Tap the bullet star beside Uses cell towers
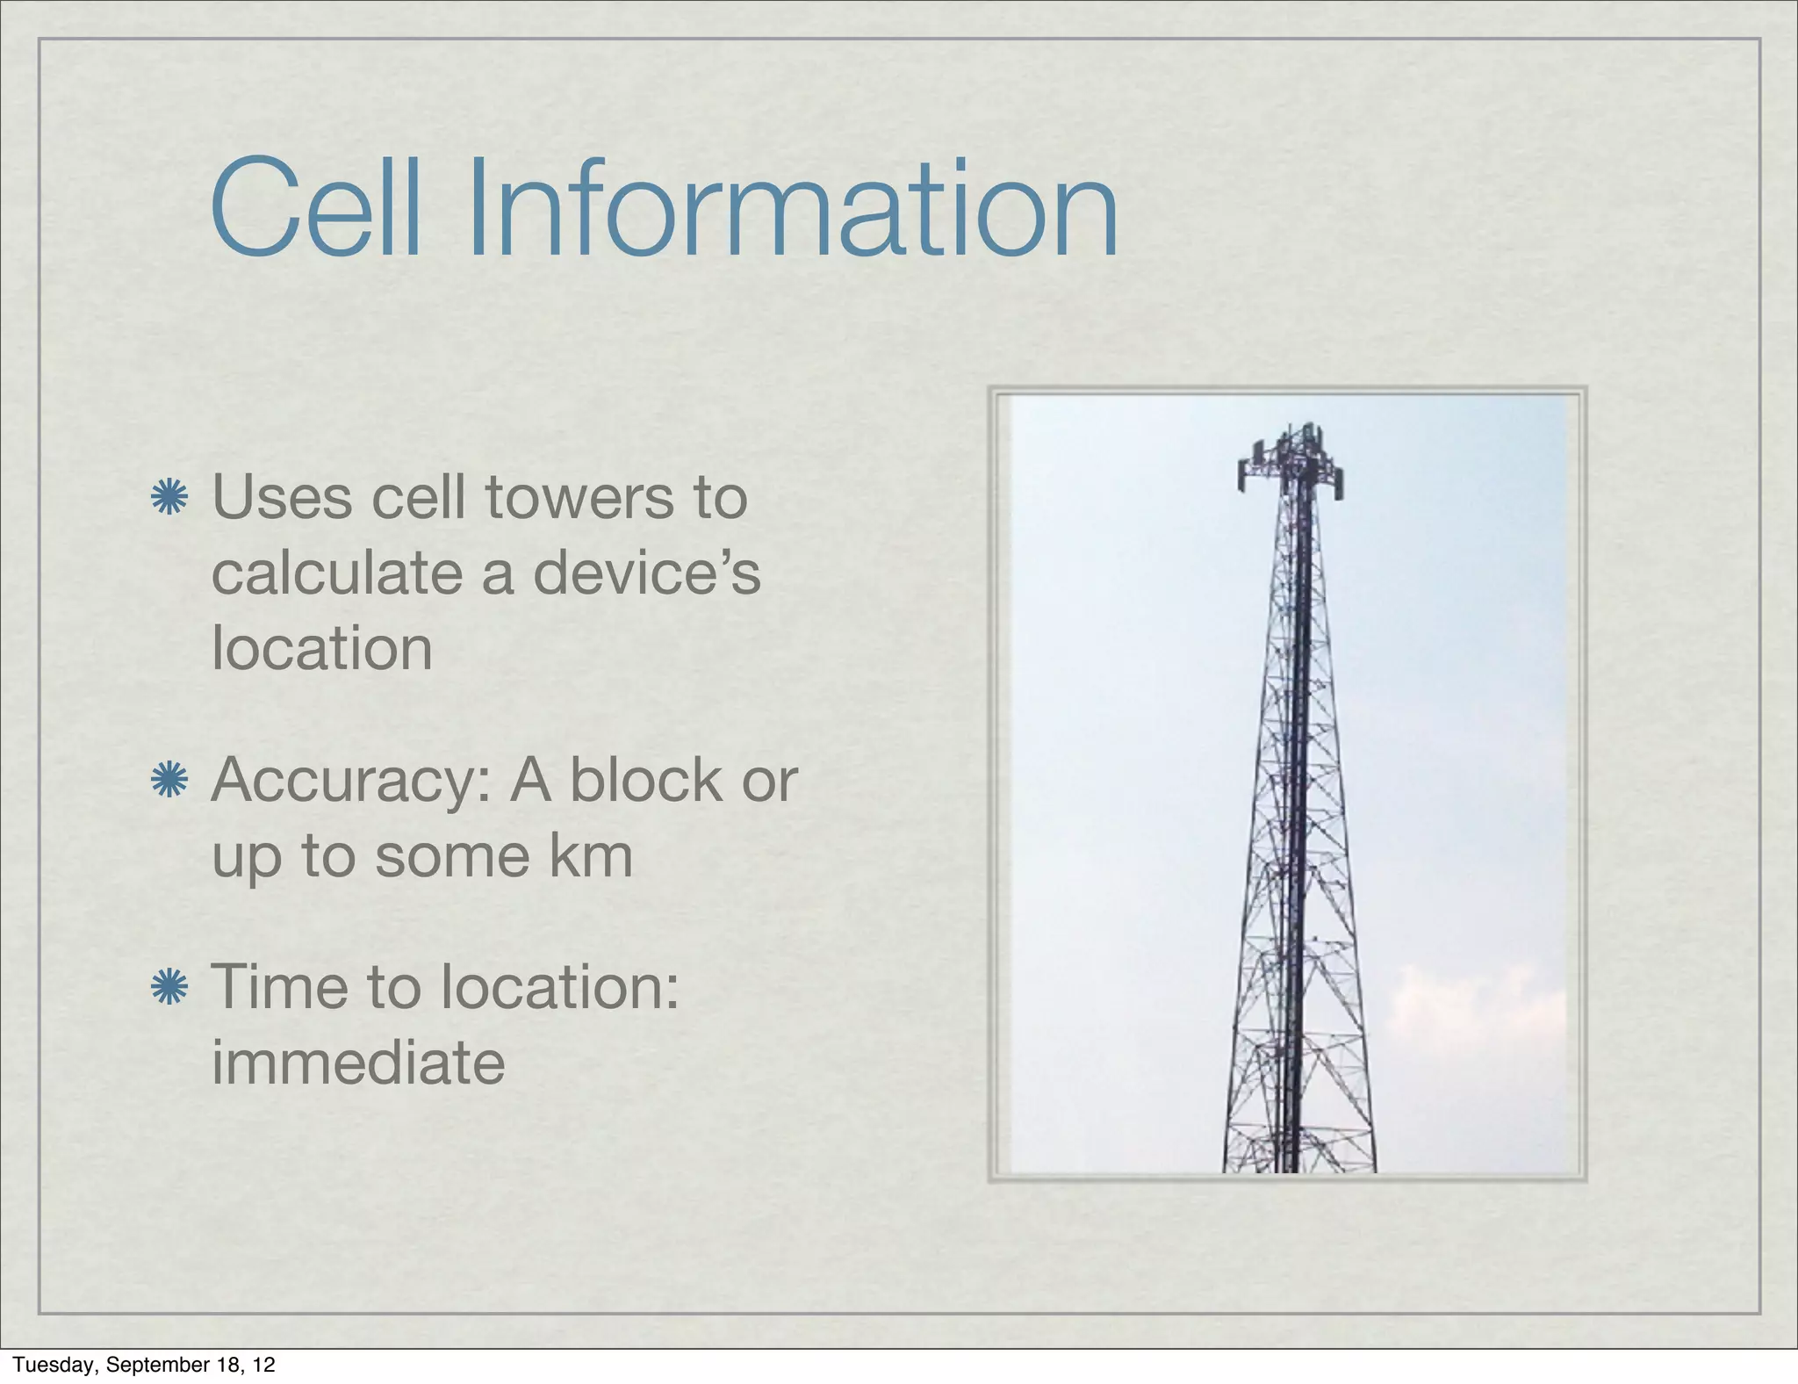pos(169,498)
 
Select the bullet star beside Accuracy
pos(169,781)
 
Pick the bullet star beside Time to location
pos(169,988)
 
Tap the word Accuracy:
pos(350,781)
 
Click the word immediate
pos(358,1063)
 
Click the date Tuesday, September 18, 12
pos(144,1365)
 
